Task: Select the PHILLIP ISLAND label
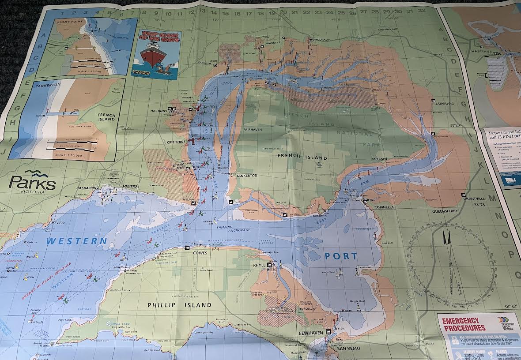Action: (x=179, y=305)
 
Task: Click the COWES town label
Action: (x=200, y=253)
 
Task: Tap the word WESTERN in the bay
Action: (x=77, y=241)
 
